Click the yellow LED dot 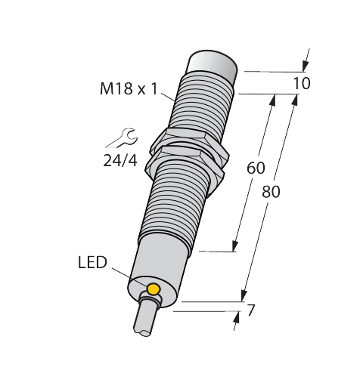coord(154,290)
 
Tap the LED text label coord(93,263)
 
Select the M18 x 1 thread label coord(128,89)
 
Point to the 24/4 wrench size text coord(120,159)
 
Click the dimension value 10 coord(301,84)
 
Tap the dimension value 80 coord(270,192)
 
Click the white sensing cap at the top coord(216,63)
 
